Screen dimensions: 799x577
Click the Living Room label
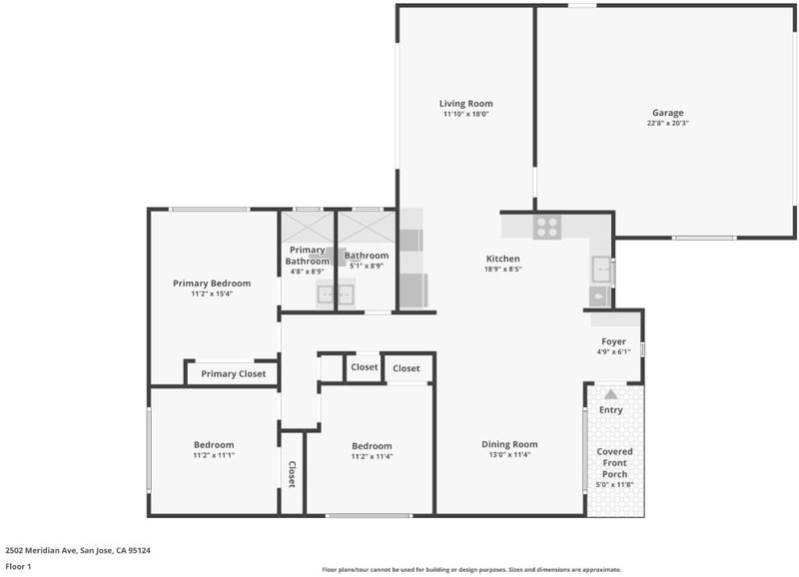(465, 104)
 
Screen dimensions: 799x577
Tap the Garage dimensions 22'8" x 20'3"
(667, 123)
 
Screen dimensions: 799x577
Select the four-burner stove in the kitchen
(547, 228)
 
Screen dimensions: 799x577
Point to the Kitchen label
(503, 259)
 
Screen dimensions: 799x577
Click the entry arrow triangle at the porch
(610, 394)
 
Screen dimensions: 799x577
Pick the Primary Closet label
(234, 373)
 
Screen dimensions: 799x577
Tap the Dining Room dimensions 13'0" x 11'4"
(509, 455)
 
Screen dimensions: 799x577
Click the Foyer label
(613, 341)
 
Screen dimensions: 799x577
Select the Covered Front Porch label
(614, 463)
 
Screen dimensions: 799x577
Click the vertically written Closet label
(292, 474)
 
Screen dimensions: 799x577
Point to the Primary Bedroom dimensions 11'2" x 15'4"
(212, 293)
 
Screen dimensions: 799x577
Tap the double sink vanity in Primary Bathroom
(335, 294)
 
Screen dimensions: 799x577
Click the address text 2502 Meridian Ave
(41, 550)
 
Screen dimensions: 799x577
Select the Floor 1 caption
(18, 566)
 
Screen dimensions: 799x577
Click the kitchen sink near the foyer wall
(602, 269)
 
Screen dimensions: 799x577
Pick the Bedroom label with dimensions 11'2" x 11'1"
(214, 444)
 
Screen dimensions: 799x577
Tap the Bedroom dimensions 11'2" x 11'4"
(372, 457)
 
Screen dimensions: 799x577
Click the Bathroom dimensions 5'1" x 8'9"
(367, 266)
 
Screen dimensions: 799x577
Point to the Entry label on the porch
(611, 410)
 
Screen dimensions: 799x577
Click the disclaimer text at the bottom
(471, 570)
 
